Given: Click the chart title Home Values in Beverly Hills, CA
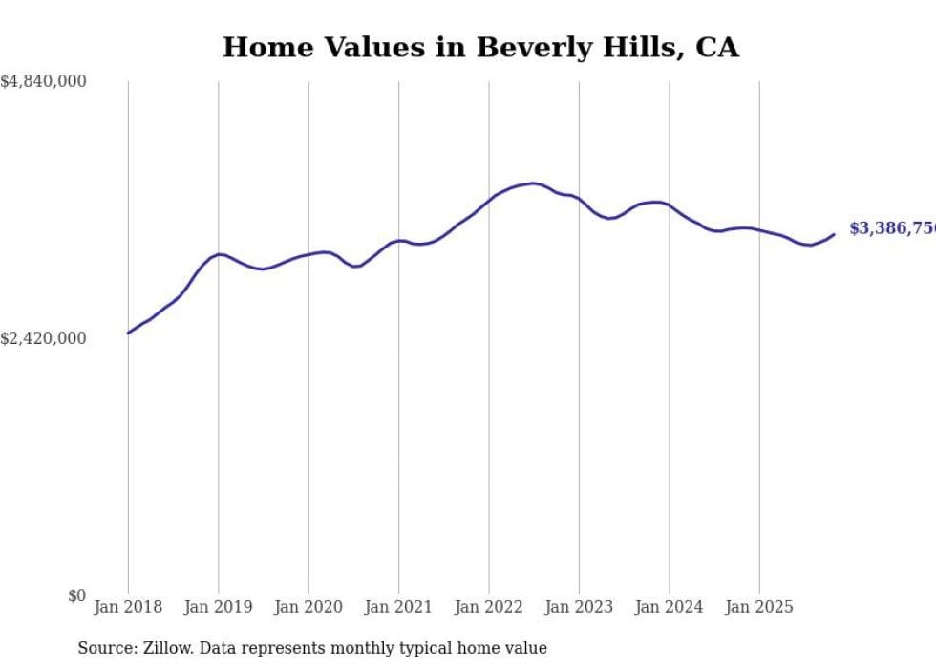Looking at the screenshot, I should pos(480,47).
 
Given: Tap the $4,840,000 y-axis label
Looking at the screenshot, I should pos(43,82).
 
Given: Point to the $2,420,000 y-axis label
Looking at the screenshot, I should pos(43,338).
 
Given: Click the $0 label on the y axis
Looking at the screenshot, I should pos(76,595).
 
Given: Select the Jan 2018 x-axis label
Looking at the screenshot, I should pos(128,607).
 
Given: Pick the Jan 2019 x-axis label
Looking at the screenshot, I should pos(218,607).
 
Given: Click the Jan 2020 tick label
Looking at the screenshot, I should pos(308,607).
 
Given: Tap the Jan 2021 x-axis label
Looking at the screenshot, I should pos(398,607).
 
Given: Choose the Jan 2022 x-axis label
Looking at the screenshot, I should pos(489,607).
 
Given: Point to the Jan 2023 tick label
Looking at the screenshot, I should pos(579,607).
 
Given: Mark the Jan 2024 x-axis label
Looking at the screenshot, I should pos(670,607).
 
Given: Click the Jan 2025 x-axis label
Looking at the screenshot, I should pos(759,607).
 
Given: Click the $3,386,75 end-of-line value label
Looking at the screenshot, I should pos(892,228).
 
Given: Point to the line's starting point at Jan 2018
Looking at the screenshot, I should pos(128,333).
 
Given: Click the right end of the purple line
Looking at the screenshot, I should pos(834,234).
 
